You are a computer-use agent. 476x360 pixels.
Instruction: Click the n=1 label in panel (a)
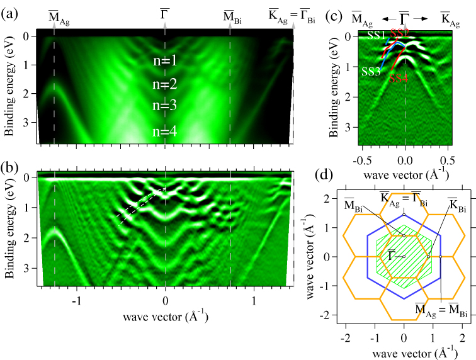(x=164, y=61)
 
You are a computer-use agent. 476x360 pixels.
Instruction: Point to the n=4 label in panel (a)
(x=164, y=132)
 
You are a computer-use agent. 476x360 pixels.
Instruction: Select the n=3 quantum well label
(x=164, y=106)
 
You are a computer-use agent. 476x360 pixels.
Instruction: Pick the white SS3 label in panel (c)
(x=371, y=72)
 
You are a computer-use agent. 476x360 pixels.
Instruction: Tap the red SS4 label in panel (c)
(x=398, y=79)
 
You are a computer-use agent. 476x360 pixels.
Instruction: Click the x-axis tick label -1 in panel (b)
(x=77, y=301)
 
